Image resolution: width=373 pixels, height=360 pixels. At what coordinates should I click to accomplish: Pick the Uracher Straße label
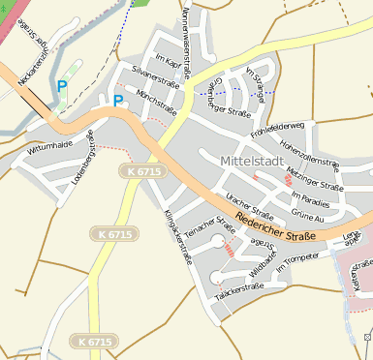point(249,205)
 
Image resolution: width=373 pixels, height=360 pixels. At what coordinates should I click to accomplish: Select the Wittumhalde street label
point(50,146)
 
